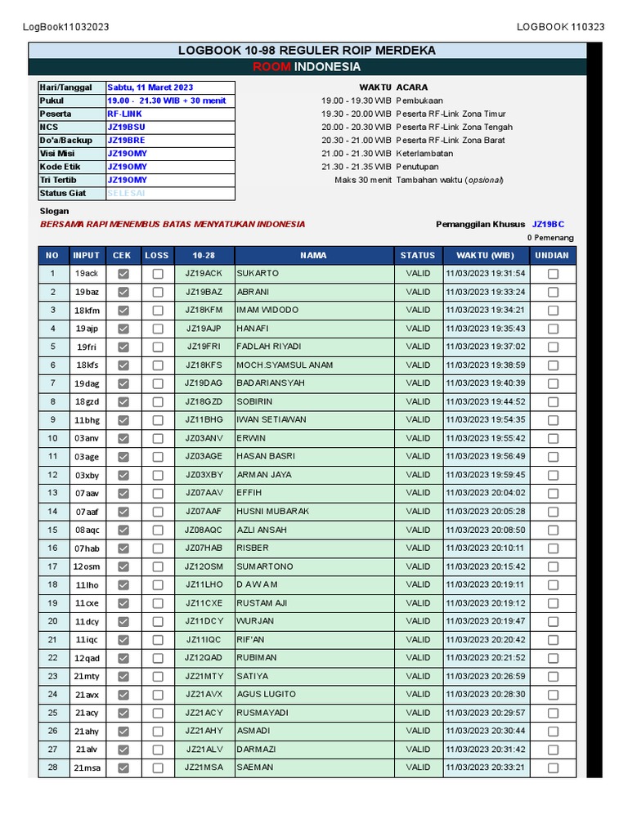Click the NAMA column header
313,255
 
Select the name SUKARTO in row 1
258,274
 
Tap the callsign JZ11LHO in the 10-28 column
204,584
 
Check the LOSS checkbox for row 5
157,347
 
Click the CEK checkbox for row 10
123,438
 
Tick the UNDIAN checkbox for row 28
553,768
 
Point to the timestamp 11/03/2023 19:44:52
485,401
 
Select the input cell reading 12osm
87,566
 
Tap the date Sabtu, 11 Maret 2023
150,87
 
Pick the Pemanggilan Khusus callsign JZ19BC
548,224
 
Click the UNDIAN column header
552,255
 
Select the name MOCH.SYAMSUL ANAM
285,365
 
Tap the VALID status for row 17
418,566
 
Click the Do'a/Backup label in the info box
66,140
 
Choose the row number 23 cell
53,676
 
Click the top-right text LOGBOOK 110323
560,27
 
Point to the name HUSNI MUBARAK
273,512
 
